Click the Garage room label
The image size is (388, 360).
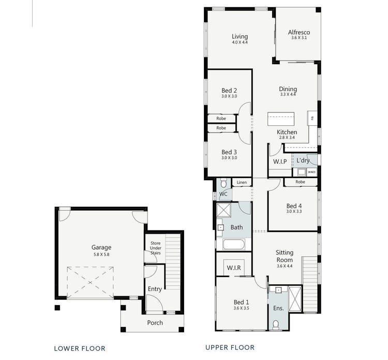click(101, 247)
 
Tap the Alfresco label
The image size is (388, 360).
click(299, 32)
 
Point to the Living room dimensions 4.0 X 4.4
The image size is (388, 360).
click(240, 42)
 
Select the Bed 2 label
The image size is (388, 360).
click(229, 90)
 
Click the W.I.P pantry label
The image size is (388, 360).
click(280, 162)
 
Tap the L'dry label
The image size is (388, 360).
click(303, 161)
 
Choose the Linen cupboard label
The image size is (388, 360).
click(242, 182)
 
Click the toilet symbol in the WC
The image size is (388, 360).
click(223, 183)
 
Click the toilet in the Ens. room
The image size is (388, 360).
click(276, 324)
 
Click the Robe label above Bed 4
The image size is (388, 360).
click(300, 182)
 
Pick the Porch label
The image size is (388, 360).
click(155, 322)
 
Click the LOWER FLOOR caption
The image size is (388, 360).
click(80, 348)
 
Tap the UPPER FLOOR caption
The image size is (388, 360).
click(230, 347)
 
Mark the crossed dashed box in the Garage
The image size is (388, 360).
click(90, 282)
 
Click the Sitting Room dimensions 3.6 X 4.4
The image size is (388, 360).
click(285, 266)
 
